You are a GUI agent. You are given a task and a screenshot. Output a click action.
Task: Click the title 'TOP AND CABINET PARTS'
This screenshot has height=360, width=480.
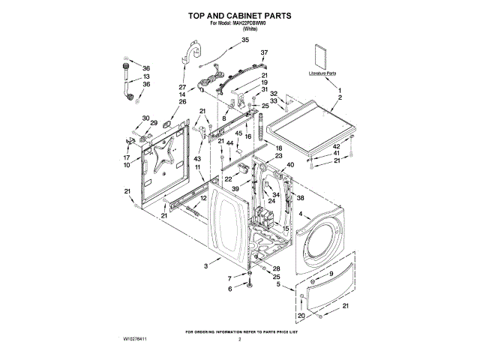[x=240, y=15]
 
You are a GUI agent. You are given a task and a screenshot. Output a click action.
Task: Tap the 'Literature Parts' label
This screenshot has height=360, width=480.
[x=322, y=73]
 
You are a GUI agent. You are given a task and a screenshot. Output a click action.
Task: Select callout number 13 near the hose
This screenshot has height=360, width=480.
[x=146, y=76]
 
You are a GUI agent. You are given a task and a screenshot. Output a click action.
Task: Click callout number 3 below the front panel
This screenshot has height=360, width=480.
[x=205, y=266]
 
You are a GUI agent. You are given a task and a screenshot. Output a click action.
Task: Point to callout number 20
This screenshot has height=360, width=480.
[x=301, y=315]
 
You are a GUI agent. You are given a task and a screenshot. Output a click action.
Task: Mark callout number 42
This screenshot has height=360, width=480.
[x=337, y=146]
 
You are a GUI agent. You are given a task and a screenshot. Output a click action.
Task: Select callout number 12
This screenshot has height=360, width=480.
[x=203, y=198]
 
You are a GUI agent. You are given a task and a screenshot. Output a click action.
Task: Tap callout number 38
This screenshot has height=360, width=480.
[x=300, y=198]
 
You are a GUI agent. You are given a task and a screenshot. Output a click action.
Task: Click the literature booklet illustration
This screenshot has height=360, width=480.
[x=322, y=55]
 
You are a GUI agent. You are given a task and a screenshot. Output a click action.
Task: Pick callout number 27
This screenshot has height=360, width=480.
[x=181, y=87]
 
